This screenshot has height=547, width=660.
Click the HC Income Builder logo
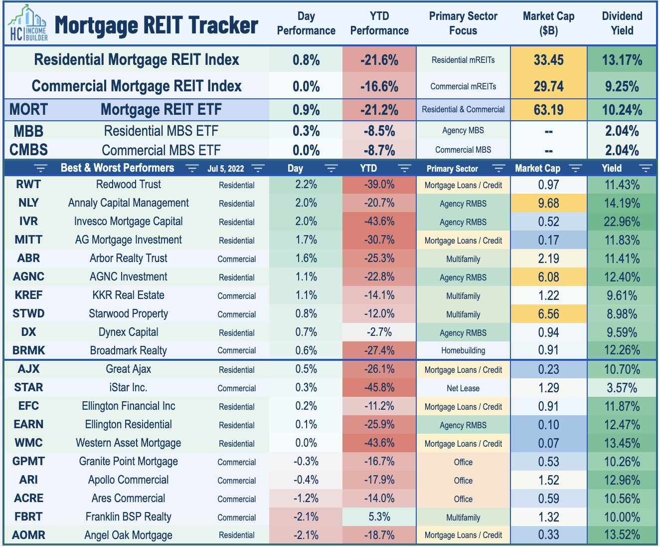28,24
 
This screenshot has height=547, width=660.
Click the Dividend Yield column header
622,23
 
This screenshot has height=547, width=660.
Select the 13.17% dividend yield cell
622,60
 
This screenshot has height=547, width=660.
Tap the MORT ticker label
28,110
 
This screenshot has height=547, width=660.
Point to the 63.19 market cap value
548,110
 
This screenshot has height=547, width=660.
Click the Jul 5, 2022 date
226,169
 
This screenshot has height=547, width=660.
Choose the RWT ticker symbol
28,185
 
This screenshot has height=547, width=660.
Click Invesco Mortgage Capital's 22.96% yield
622,222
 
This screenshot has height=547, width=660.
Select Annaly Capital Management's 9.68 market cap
548,203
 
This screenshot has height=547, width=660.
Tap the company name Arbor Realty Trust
128,259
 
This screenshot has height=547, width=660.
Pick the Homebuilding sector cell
463,350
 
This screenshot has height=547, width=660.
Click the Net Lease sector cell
463,388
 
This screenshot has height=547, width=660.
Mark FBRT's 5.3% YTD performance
379,517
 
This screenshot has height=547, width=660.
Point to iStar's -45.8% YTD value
379,388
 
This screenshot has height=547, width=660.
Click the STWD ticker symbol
28,314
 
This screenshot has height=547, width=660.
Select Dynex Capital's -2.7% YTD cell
379,332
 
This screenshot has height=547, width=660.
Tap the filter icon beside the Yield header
646,168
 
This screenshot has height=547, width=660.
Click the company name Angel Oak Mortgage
128,536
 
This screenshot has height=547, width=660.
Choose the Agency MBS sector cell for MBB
463,131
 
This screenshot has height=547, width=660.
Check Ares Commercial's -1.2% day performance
306,499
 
